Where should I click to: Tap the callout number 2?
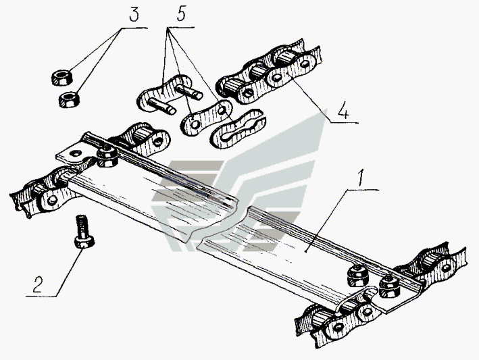click(x=38, y=284)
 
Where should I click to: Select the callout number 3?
click(x=134, y=15)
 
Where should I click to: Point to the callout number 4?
click(x=343, y=111)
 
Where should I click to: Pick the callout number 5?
click(x=181, y=14)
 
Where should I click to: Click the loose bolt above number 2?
click(x=83, y=231)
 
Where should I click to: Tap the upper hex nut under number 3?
click(x=61, y=78)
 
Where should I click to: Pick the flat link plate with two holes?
click(x=207, y=118)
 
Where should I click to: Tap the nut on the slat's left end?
click(x=107, y=156)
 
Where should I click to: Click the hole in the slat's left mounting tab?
click(x=75, y=153)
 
